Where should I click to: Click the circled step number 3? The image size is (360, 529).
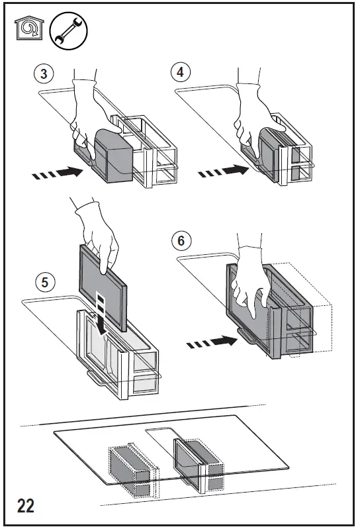44,73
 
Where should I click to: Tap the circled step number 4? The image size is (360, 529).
181,72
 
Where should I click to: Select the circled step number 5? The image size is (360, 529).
45,282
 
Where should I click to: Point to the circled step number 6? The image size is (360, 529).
181,240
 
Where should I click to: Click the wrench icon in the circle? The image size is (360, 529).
68,31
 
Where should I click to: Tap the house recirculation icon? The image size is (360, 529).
29,28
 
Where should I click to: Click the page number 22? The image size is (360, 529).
26,506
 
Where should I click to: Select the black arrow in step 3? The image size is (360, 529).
58,172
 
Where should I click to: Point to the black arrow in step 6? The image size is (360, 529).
212,342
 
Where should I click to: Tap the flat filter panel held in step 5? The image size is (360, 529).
103,287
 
